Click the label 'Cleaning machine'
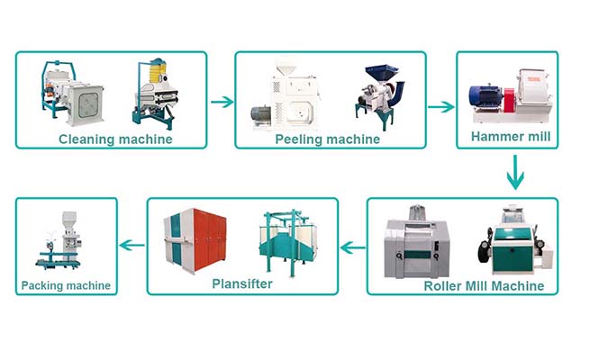(x=115, y=139)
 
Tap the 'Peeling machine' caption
(x=327, y=139)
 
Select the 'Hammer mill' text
(x=511, y=136)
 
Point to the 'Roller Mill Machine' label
(x=484, y=285)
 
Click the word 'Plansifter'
(x=242, y=283)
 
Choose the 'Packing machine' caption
(x=66, y=285)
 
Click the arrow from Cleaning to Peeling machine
(x=222, y=102)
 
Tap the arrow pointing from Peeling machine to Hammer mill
(x=441, y=107)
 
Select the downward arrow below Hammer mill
(x=515, y=172)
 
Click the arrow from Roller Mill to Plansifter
(x=352, y=247)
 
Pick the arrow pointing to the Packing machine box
(x=132, y=246)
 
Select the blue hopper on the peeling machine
(x=381, y=73)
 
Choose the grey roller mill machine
(x=415, y=243)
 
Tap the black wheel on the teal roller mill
(x=485, y=249)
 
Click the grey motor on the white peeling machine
(x=260, y=117)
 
